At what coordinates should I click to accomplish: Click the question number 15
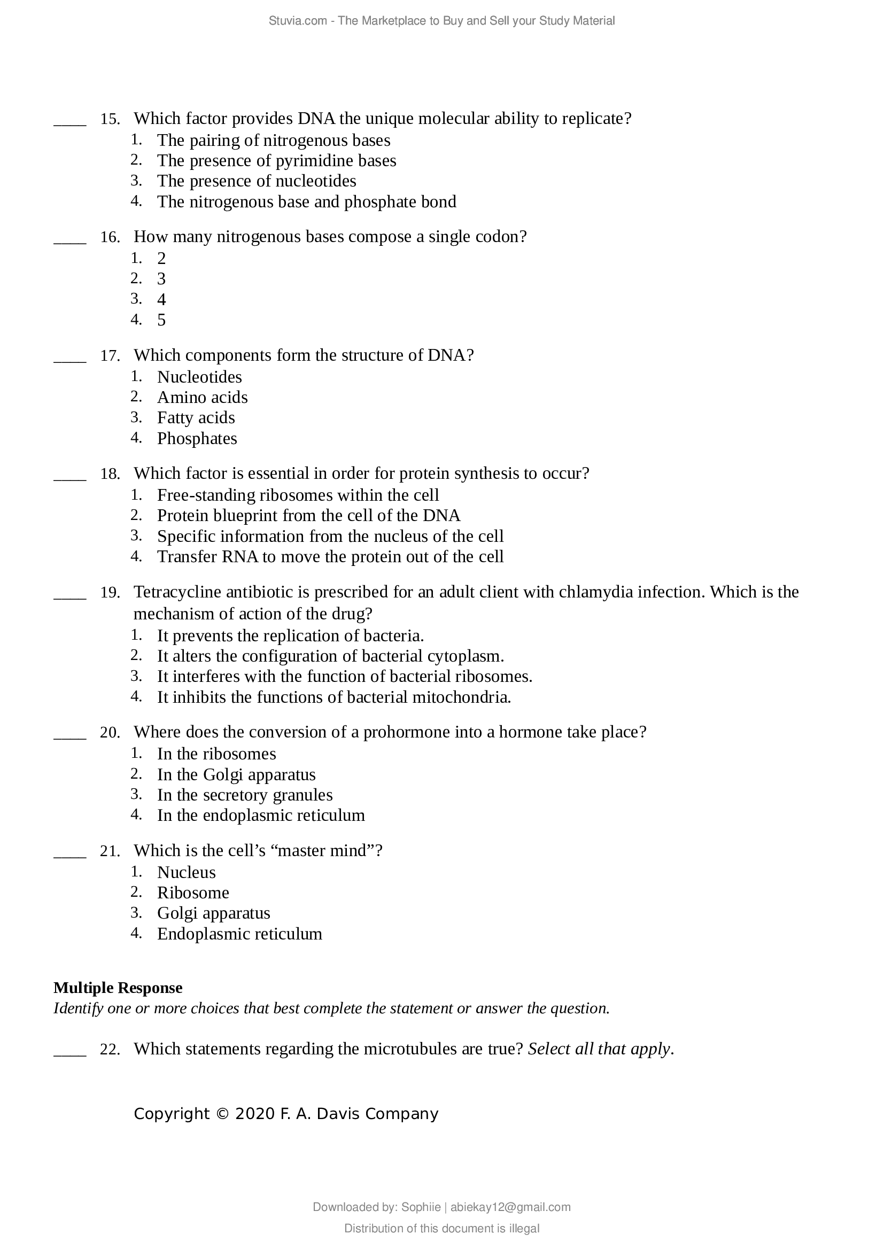110,119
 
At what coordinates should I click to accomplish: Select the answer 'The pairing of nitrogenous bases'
273,141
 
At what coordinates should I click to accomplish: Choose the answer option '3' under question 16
161,279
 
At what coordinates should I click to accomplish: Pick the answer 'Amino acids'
202,398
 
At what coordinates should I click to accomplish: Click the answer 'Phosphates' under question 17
197,439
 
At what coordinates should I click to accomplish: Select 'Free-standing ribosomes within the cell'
298,495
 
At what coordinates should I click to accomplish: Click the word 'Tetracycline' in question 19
178,592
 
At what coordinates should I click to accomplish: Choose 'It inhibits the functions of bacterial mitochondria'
334,697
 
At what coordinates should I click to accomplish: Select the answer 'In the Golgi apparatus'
236,775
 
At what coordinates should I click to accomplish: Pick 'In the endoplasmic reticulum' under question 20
261,816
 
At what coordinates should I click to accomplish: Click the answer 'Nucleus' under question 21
186,873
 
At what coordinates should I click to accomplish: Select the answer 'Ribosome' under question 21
193,893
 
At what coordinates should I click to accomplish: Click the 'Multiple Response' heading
118,988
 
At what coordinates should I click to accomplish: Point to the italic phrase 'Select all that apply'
599,1049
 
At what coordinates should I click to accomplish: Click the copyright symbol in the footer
222,1114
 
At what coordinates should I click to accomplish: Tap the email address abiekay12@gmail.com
510,1208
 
